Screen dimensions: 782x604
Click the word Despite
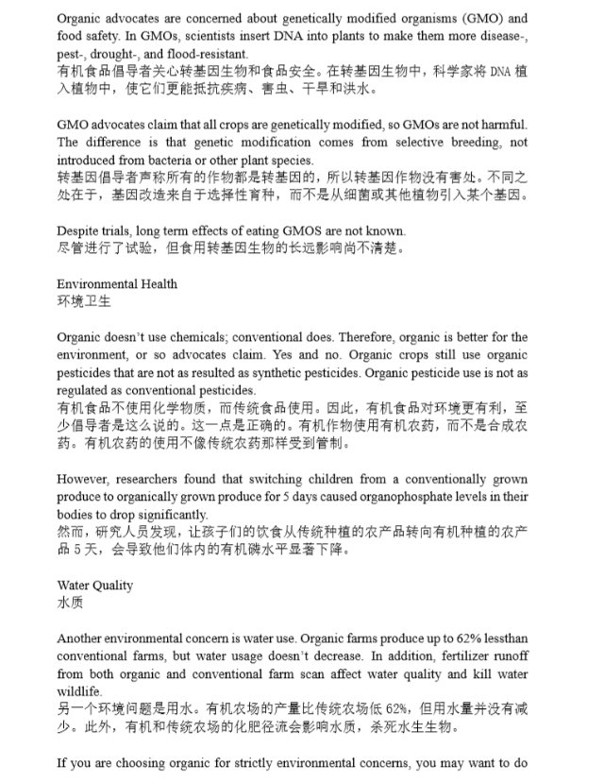tap(77, 231)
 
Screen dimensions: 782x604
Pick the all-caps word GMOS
tap(299, 231)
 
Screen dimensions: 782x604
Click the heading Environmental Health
tap(116, 284)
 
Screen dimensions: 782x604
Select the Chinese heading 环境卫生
tap(83, 302)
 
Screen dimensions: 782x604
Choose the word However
tap(82, 479)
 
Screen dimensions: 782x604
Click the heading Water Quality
tap(94, 586)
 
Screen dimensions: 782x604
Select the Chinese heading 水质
tap(70, 603)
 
